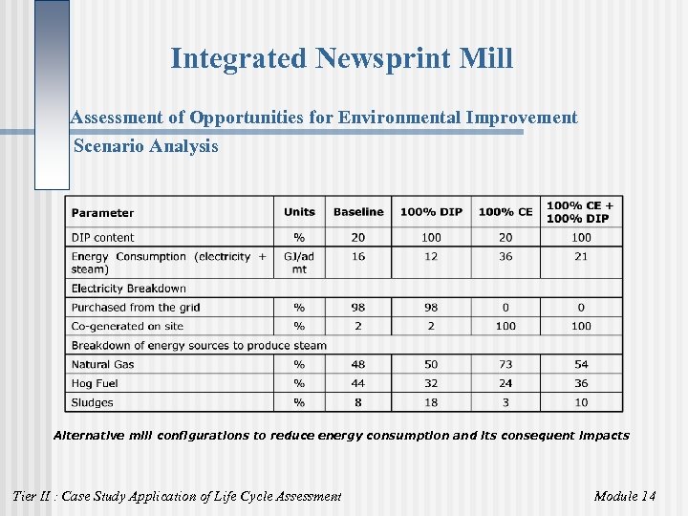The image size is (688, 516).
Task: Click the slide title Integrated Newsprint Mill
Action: [x=341, y=59]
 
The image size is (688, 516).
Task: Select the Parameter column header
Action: [x=102, y=213]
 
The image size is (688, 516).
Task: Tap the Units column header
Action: [x=299, y=212]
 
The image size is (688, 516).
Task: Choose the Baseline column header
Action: [x=358, y=212]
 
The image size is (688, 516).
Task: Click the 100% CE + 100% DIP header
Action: [x=580, y=212]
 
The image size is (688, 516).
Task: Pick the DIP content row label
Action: [x=103, y=238]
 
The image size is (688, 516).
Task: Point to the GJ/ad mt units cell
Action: [x=299, y=263]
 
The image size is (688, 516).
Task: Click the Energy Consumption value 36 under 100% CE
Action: [x=505, y=256]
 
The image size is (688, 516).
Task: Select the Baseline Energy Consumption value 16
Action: [x=358, y=256]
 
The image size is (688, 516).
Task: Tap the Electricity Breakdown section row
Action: [x=129, y=289]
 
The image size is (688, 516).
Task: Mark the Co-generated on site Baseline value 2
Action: [x=358, y=326]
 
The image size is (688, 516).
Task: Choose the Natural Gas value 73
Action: [x=505, y=364]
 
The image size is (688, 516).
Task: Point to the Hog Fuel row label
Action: [x=95, y=383]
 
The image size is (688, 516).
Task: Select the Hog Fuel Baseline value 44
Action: [x=358, y=383]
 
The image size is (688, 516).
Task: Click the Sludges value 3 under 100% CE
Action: [x=505, y=402]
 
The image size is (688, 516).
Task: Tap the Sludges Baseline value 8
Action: [x=358, y=402]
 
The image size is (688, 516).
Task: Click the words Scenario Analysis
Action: [x=146, y=146]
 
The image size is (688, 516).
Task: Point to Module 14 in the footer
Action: [x=624, y=495]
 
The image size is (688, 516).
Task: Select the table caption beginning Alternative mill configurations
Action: [x=341, y=436]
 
